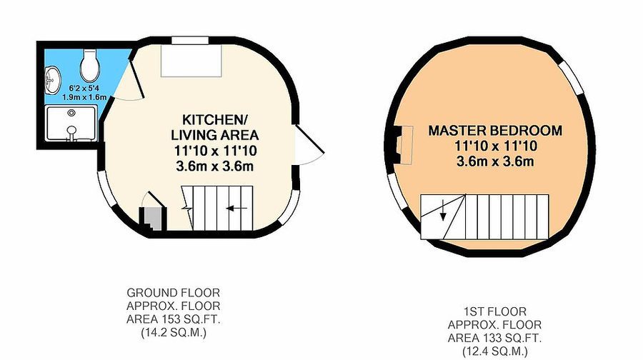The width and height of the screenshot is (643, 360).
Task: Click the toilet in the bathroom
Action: coord(89,66)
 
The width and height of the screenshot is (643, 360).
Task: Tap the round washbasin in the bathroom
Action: coord(53,80)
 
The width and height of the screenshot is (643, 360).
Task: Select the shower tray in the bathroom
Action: coord(71,123)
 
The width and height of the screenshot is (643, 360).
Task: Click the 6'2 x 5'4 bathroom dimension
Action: coord(84,88)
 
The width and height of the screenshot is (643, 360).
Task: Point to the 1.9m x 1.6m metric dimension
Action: coord(84,97)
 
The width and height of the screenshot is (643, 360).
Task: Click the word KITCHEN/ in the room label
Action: coord(214,120)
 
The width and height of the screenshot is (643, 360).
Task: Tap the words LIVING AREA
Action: coord(214,135)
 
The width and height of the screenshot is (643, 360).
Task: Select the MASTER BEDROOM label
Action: coord(495,131)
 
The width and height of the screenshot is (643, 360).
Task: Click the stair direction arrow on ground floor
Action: coord(236,209)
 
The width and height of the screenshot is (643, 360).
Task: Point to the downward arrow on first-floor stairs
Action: coord(443,210)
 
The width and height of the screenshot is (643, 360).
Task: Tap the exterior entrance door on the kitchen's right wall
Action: coord(310,144)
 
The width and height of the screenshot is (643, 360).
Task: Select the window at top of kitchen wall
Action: coord(190,40)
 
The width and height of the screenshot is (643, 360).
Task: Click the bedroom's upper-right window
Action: coord(572,79)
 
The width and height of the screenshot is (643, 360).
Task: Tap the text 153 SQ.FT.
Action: coord(191,319)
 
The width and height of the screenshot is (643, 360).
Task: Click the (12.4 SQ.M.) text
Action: coord(494,351)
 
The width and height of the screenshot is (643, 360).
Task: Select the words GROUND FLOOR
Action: coord(174,293)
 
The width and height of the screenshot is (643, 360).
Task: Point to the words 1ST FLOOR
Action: coord(494,311)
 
